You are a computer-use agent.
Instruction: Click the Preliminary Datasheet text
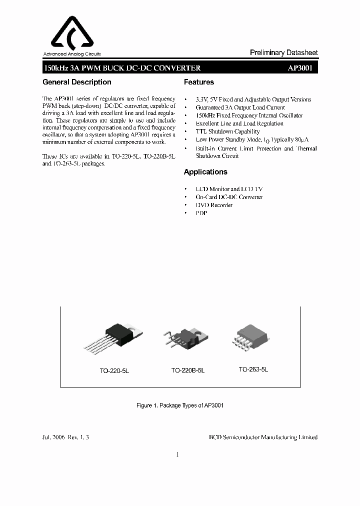(x=283, y=52)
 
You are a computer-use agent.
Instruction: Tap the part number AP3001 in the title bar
(x=300, y=68)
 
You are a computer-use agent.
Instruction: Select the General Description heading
(x=77, y=82)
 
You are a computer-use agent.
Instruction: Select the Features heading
(x=199, y=82)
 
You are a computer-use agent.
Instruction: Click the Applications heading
(x=205, y=172)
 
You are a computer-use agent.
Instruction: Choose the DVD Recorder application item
(x=214, y=205)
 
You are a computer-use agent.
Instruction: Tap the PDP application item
(x=201, y=213)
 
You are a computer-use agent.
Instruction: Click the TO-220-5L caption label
(x=114, y=372)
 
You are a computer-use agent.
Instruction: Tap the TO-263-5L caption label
(x=253, y=369)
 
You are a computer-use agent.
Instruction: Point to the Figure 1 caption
(x=180, y=405)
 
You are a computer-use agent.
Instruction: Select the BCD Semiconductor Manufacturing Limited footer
(x=263, y=437)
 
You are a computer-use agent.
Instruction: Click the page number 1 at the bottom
(x=177, y=454)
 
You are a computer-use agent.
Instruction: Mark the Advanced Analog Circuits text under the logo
(x=72, y=53)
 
